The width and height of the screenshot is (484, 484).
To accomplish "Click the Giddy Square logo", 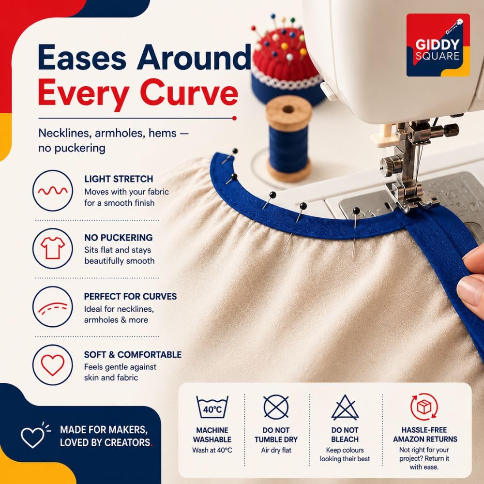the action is coord(438,45).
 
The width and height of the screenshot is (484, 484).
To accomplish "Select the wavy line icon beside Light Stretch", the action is coord(52,191).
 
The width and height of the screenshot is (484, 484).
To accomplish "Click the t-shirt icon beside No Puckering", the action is coord(53,248).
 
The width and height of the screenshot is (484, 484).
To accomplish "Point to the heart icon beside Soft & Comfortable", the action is coord(53,365).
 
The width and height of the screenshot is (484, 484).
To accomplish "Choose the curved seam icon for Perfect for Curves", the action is coord(52,308).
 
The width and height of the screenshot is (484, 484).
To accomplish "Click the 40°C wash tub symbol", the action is coord(212,407).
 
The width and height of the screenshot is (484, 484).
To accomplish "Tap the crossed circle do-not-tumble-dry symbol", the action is coord(276,407).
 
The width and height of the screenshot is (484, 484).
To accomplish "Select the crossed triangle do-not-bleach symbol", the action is coord(345,408).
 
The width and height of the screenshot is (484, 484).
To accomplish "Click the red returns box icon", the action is coord(424,407).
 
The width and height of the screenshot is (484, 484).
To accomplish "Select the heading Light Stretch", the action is coord(119,179).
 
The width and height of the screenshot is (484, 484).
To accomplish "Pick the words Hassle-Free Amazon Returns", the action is coord(425,434).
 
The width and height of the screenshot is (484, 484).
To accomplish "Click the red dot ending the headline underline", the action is coord(234,118).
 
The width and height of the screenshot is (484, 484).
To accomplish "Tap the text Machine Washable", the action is coord(212,435).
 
